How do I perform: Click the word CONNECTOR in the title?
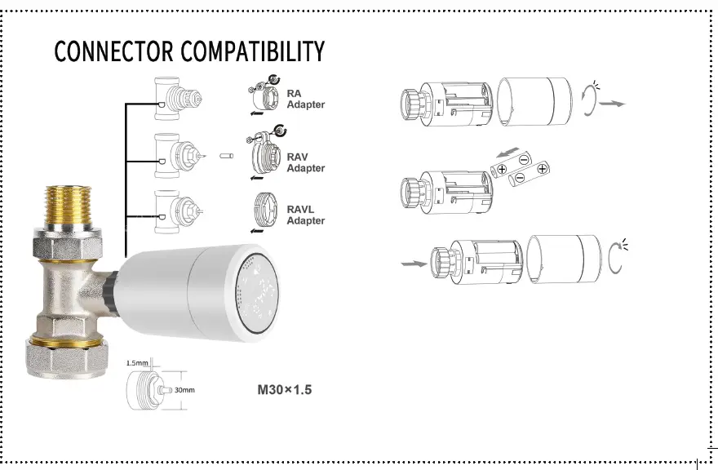click(113, 51)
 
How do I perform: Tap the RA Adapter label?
click(305, 100)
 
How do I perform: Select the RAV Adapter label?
click(305, 162)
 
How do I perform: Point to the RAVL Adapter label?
click(305, 215)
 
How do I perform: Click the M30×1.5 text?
click(285, 390)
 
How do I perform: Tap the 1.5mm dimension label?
click(138, 362)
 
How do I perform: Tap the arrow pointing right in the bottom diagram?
click(414, 264)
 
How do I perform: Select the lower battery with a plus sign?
click(529, 174)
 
